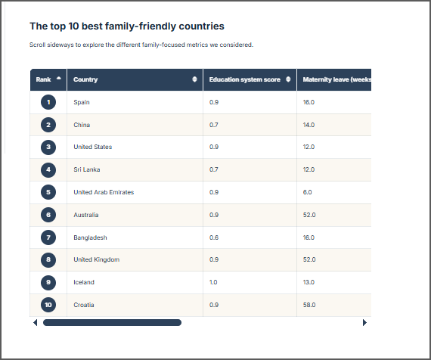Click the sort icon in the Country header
point(194,79)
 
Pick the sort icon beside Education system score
point(288,79)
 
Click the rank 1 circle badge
point(48,102)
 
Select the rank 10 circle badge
point(48,305)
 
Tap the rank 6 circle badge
point(48,215)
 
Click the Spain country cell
point(82,102)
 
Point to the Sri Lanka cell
point(87,169)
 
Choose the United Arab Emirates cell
point(104,192)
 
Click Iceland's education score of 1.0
point(213,282)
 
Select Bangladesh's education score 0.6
point(214,237)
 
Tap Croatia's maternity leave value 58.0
point(309,305)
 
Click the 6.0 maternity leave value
point(307,192)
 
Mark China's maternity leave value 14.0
point(309,125)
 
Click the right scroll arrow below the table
point(364,323)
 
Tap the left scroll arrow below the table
point(36,323)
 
